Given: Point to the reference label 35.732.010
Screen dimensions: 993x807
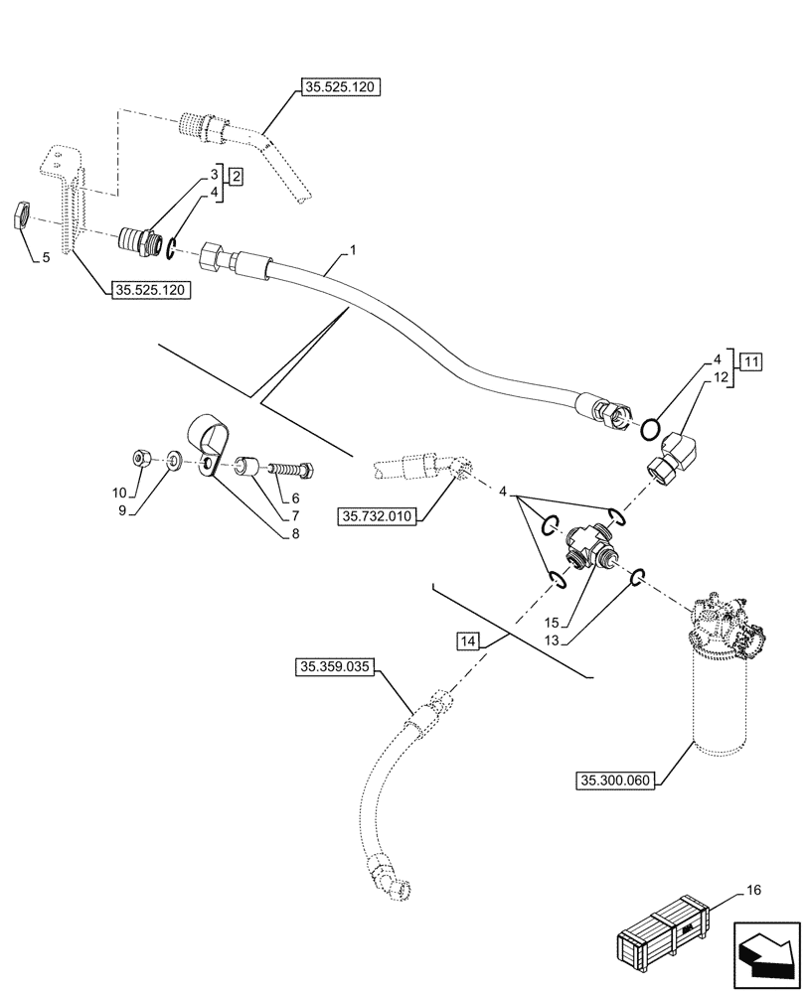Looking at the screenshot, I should [379, 515].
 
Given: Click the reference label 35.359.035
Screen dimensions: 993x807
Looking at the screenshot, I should [334, 668].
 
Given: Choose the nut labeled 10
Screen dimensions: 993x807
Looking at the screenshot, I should [141, 458].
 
